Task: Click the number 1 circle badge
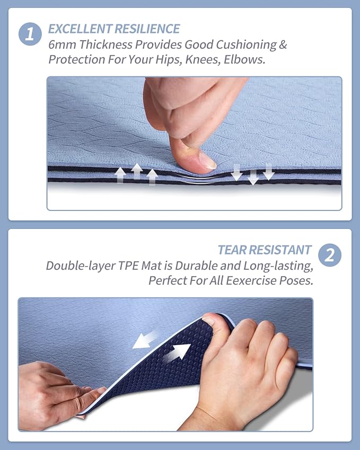[30, 34]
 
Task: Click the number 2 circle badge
[330, 255]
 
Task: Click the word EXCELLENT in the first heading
[80, 29]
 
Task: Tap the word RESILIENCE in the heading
[147, 29]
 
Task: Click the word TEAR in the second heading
[232, 250]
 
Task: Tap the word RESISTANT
[280, 250]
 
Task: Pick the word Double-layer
[81, 266]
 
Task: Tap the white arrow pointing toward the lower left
[144, 340]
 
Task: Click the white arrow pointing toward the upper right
[177, 352]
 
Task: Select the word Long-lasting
[278, 266]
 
